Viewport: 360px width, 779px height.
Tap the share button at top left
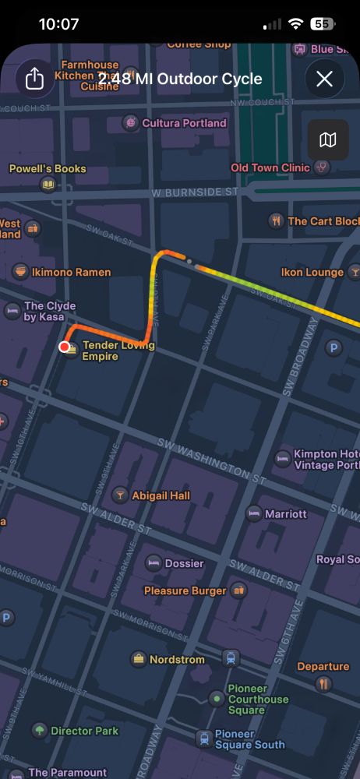[34, 79]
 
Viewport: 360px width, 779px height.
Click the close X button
[324, 79]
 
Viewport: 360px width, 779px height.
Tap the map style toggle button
[328, 139]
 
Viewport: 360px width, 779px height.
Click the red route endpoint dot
[65, 347]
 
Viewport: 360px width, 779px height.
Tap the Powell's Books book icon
[48, 185]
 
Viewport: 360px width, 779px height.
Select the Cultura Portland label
[185, 123]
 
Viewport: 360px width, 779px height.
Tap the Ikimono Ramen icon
[21, 272]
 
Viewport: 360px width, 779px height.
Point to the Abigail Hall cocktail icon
[121, 495]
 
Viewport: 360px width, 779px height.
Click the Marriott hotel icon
[253, 513]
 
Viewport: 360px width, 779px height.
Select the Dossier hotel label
[184, 563]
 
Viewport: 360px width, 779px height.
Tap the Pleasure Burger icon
[238, 590]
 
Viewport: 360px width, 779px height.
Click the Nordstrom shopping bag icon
[139, 659]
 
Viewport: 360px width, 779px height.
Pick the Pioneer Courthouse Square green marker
[216, 699]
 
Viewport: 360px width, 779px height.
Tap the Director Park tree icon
[39, 731]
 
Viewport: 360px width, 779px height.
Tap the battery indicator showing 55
[321, 24]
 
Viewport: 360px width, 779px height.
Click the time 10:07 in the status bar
[58, 24]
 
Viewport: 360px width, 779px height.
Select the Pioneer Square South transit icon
[203, 738]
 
